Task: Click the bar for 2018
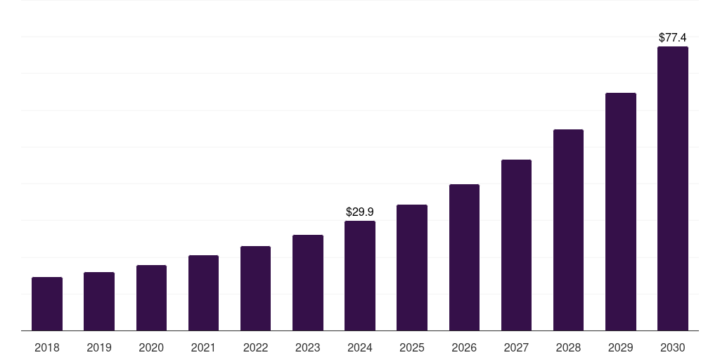[x=47, y=304]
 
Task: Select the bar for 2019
[x=99, y=301]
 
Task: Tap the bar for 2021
[x=203, y=292]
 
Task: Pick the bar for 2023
[x=308, y=283]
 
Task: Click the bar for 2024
[x=360, y=276]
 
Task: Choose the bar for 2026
[x=464, y=257]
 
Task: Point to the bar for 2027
[x=516, y=245]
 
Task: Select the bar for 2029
[x=621, y=212]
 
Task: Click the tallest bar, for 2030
[x=673, y=188]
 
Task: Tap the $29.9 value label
[x=360, y=212]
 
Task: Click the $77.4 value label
[x=673, y=37]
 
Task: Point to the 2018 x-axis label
[x=47, y=347]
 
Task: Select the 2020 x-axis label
[x=151, y=347]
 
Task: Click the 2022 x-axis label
[x=255, y=347]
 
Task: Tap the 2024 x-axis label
[x=360, y=347]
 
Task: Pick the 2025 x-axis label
[x=412, y=347]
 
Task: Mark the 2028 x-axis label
[x=568, y=347]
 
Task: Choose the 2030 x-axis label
[x=673, y=347]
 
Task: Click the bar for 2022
[x=255, y=288]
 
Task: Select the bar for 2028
[x=568, y=230]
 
